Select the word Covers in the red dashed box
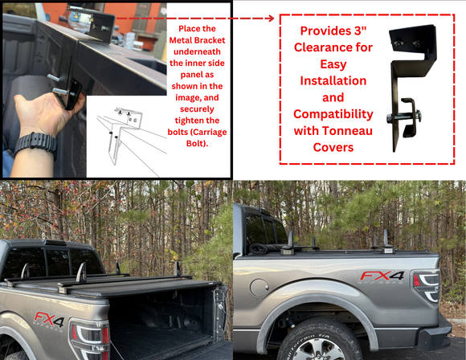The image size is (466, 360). point(333,147)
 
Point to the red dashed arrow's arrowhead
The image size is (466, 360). point(271,18)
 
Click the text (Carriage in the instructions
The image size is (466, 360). point(209,132)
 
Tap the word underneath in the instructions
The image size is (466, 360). point(197,51)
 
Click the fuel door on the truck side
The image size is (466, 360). point(259,287)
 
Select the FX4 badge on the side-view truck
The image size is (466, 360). point(382,277)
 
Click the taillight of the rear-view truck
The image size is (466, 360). point(90,339)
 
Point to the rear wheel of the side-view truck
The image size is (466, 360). point(320,340)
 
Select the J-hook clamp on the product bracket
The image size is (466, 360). point(406,117)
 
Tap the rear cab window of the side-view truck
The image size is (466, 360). point(268,229)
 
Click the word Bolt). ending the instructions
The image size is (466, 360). point(197,144)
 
